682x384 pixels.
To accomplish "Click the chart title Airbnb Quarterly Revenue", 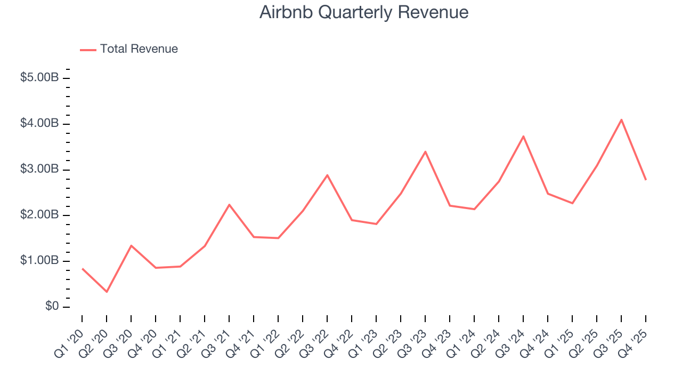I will click(364, 12).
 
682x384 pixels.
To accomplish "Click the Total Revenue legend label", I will click(139, 49).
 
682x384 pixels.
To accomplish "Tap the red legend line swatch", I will click(88, 50).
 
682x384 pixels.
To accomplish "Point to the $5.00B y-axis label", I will click(39, 78).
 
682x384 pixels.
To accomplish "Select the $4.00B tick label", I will click(39, 124).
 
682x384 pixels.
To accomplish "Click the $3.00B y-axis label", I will click(39, 170).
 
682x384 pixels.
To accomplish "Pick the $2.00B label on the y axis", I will click(39, 215).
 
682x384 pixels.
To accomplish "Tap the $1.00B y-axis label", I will click(39, 261).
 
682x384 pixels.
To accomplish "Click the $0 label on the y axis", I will click(51, 307).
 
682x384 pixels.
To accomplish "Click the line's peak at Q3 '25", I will click(622, 120).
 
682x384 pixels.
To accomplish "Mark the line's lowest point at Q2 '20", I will click(107, 292).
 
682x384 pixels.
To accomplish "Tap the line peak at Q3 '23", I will click(425, 152).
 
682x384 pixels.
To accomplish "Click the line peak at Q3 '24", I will click(523, 137).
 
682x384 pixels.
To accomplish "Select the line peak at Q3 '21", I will click(229, 205).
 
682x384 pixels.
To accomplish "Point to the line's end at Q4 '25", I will click(646, 180).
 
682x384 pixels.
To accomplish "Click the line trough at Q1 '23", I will click(376, 224).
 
